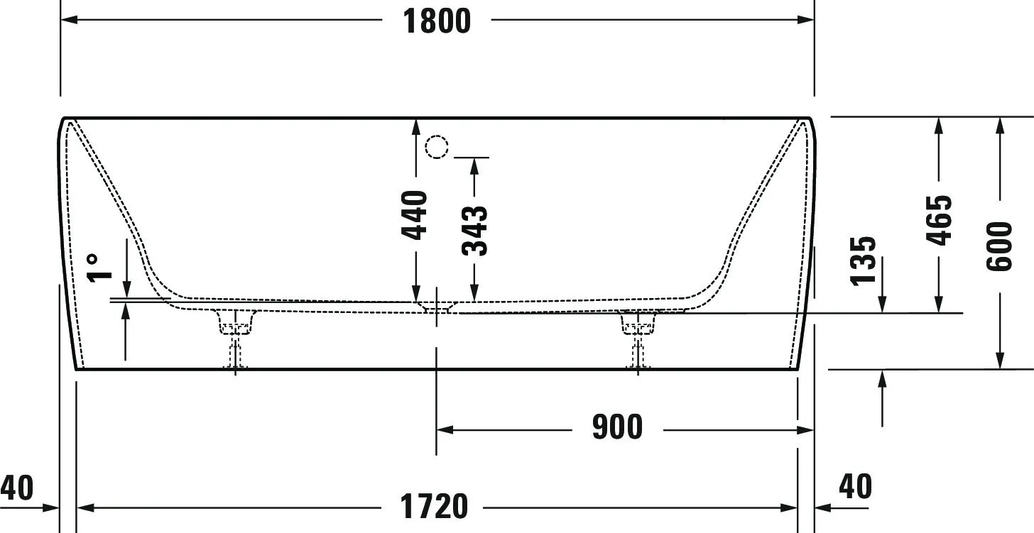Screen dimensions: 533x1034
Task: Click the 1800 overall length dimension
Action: point(437,21)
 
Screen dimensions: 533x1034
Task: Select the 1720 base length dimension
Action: point(435,507)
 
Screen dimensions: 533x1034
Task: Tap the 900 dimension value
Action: point(617,428)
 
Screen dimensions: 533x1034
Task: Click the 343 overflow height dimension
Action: point(474,230)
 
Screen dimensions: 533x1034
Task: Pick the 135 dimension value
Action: point(863,260)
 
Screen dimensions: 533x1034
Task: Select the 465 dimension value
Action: point(939,220)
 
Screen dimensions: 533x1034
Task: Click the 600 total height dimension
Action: point(999,246)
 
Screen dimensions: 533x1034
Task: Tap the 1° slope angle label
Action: point(99,268)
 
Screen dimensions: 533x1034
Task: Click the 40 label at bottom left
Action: point(16,488)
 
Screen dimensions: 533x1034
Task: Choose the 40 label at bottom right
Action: point(855,487)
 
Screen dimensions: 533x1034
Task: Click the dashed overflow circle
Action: point(437,147)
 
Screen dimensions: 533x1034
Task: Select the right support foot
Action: point(638,334)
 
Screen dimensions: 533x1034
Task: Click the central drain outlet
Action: point(435,307)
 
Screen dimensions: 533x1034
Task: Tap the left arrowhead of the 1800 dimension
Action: point(68,20)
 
